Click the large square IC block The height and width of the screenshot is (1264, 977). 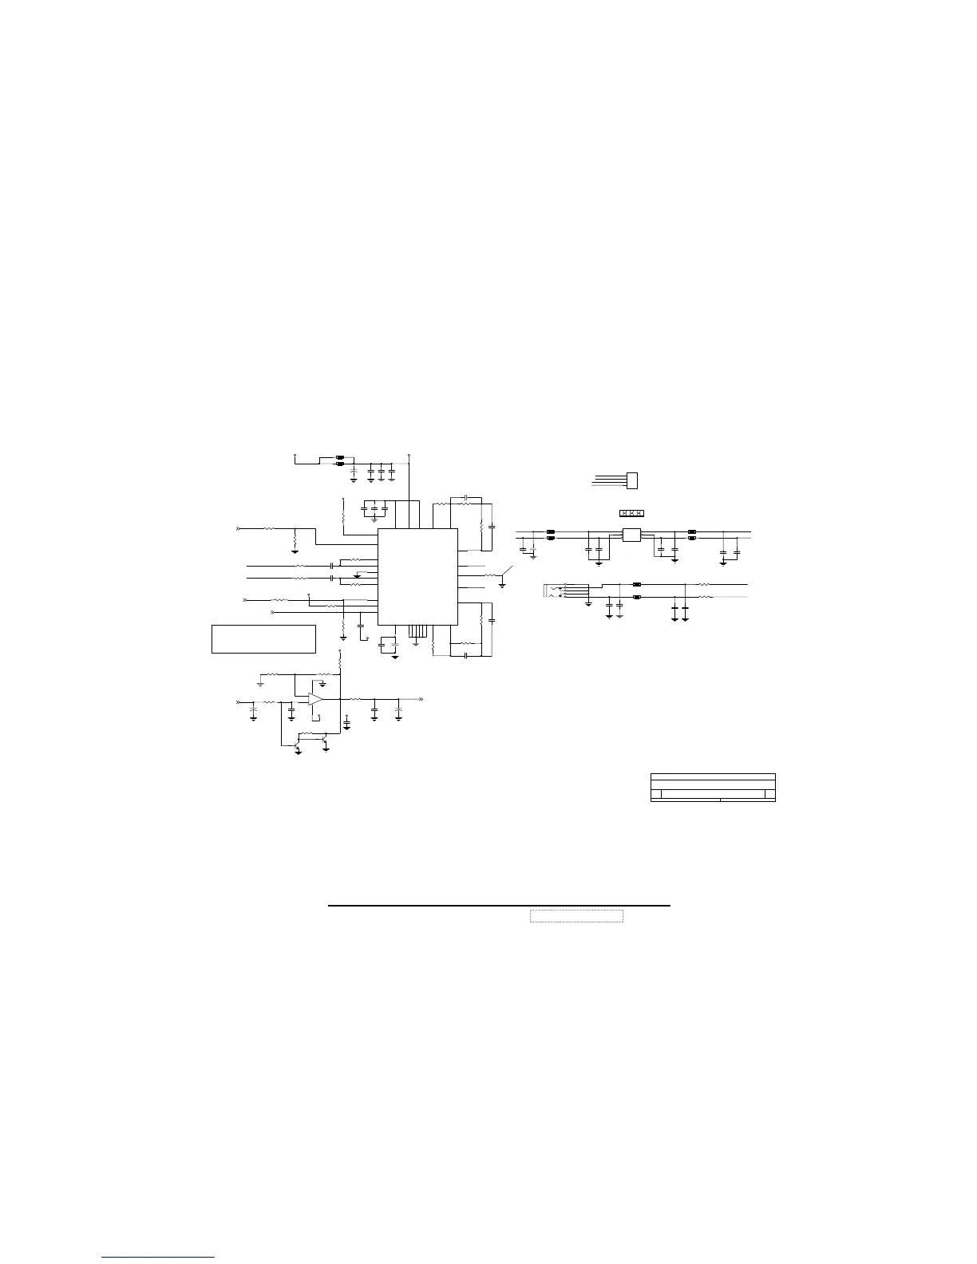(x=417, y=576)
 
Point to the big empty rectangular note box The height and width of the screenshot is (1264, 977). (x=263, y=639)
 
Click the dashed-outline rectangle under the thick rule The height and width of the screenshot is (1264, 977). (x=576, y=916)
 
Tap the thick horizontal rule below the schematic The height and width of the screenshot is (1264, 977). (x=500, y=907)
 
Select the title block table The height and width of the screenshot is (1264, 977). (x=713, y=787)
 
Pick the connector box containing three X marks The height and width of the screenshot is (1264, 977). (x=631, y=512)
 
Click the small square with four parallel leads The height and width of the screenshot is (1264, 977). (x=633, y=480)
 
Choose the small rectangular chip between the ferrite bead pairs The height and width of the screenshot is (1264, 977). (x=631, y=535)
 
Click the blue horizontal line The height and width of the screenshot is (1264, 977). (x=159, y=1258)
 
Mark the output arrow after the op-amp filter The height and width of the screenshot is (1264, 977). (x=420, y=699)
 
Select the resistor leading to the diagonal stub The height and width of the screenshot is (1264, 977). (x=489, y=575)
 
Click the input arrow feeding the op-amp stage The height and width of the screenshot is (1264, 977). (x=238, y=701)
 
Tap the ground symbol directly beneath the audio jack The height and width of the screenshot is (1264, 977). (x=588, y=603)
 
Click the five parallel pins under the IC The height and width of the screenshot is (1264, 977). (x=416, y=632)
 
